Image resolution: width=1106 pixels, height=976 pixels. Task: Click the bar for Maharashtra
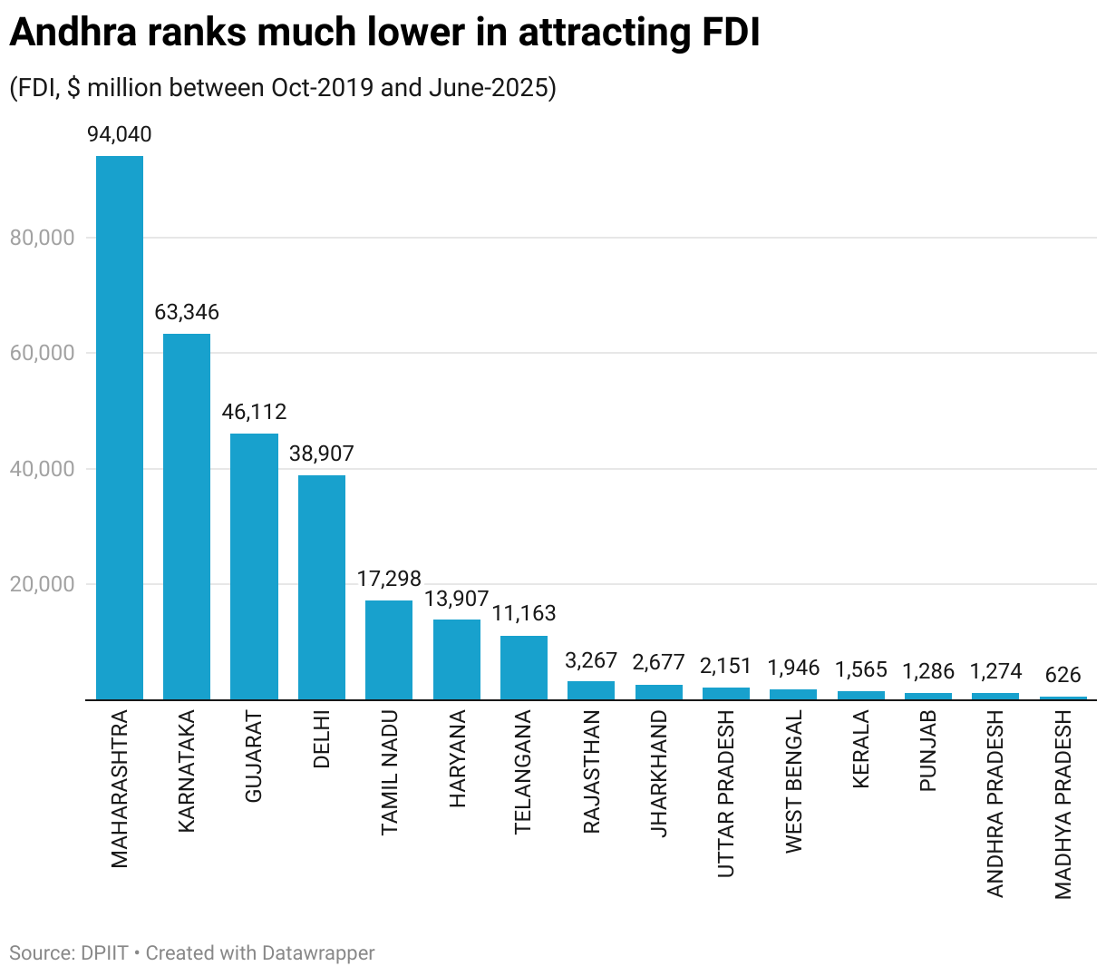tap(120, 427)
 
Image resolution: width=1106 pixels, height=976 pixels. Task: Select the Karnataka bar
tap(187, 516)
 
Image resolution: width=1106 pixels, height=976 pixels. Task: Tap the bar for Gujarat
tap(254, 566)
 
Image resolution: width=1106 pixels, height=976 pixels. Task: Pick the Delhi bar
tap(322, 587)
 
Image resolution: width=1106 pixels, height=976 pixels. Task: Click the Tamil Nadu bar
tap(389, 649)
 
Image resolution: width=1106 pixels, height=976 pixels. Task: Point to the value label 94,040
tap(120, 135)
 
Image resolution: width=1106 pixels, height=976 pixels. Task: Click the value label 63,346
tap(187, 313)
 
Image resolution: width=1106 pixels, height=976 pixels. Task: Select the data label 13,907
tap(457, 600)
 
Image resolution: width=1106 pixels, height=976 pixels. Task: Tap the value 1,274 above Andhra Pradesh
tap(995, 671)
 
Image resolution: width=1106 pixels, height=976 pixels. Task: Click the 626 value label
tap(1062, 676)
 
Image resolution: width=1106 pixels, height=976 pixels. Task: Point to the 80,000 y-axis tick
tap(42, 239)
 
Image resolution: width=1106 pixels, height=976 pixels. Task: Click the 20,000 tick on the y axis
tap(42, 585)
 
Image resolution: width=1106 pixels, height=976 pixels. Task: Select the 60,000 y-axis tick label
tap(42, 354)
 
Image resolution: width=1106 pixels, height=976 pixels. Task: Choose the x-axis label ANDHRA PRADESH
tap(995, 804)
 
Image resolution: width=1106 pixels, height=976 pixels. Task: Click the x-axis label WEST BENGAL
tap(793, 782)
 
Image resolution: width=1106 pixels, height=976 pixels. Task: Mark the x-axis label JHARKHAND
tap(658, 774)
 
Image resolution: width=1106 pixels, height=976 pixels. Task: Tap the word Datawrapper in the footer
tap(318, 953)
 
